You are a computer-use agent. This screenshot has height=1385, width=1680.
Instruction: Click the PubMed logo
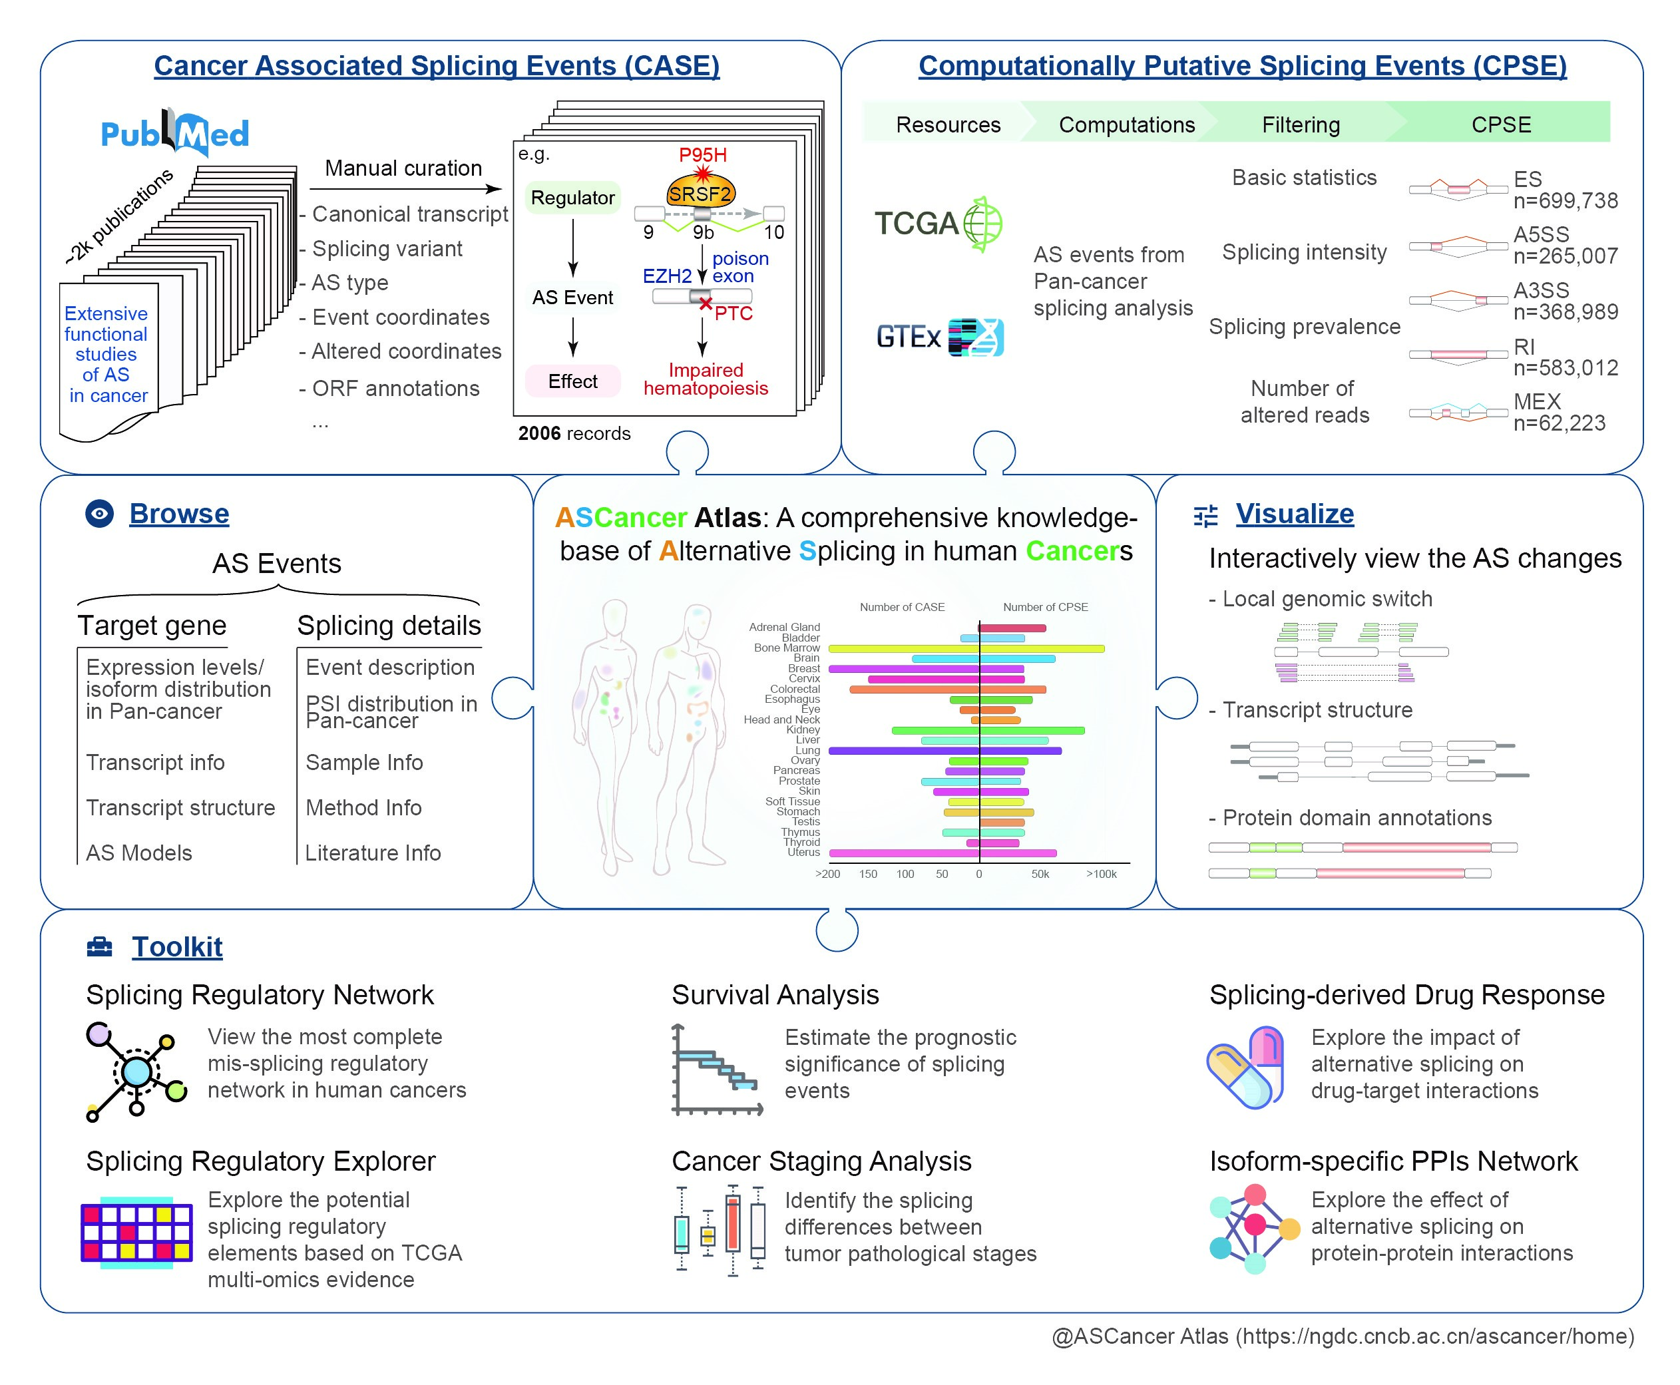pos(174,132)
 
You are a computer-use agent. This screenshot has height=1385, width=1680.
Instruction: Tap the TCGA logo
pos(938,224)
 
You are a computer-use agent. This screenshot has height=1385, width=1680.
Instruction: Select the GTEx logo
pos(939,337)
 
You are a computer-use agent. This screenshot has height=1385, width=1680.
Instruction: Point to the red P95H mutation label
pos(702,155)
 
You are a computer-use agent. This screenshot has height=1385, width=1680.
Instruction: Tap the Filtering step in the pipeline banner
pos(1301,124)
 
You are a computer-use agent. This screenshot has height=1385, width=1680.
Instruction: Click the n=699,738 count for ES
pos(1565,201)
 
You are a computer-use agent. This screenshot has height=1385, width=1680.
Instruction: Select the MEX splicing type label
pos(1536,401)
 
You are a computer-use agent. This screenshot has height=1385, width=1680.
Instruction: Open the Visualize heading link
pos(1294,514)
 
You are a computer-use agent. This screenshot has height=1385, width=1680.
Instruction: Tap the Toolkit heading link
pos(177,947)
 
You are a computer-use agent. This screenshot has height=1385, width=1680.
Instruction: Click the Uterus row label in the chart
pos(803,852)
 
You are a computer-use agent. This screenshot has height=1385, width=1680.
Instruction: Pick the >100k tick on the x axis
pos(1101,875)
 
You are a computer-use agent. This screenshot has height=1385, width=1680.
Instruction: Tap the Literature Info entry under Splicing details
pos(373,853)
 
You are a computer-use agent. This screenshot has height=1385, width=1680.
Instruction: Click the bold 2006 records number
pos(539,433)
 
